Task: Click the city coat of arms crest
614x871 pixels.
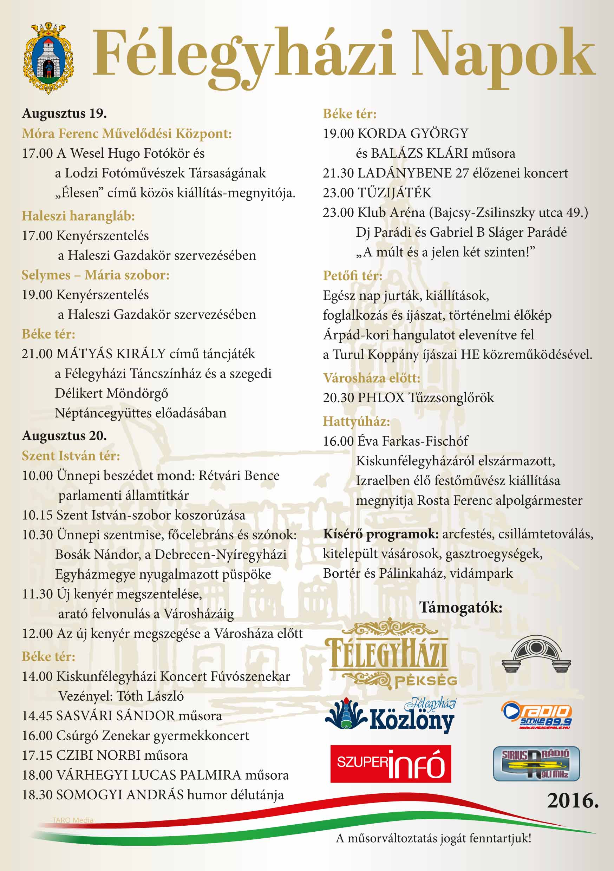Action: (48, 58)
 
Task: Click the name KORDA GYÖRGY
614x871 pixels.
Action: (413, 133)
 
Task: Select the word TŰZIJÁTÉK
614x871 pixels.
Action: (395, 193)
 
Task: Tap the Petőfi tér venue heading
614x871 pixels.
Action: (353, 275)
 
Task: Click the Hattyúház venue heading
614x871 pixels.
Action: (356, 421)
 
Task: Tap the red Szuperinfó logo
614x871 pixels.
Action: (391, 763)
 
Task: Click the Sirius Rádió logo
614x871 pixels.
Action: (536, 763)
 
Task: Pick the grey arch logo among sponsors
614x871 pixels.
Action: (536, 654)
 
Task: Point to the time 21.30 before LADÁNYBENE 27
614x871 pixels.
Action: (338, 173)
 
